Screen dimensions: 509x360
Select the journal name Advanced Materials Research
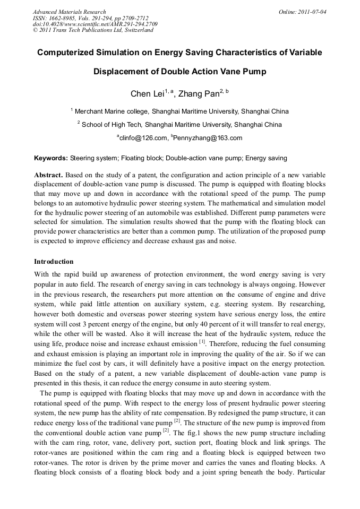pos(70,12)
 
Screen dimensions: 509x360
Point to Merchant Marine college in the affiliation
pos(112,111)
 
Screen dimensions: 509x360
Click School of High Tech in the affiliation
pos(112,125)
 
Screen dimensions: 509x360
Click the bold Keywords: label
pos(51,158)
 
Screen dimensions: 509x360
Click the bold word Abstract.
pos(48,175)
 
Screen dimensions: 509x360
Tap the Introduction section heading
pos(54,262)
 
